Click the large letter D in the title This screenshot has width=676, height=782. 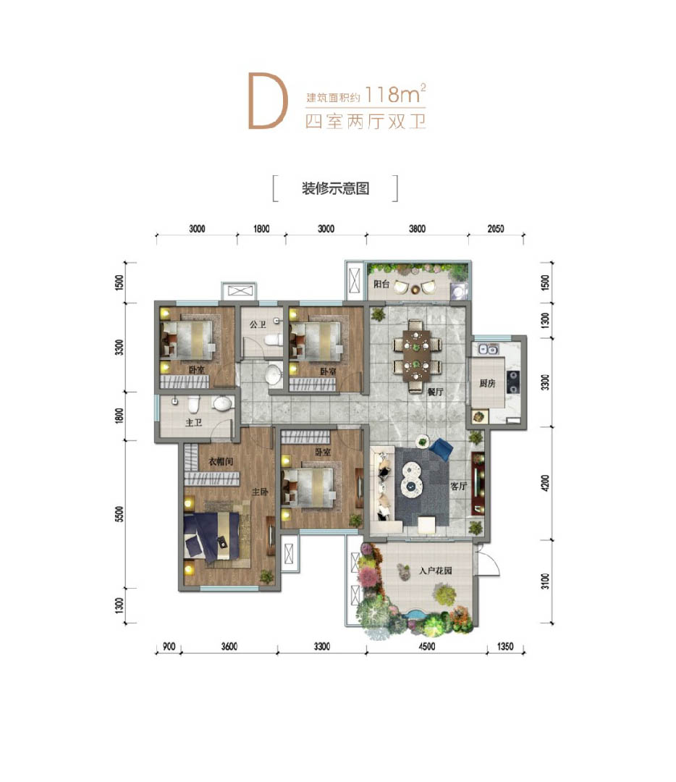click(x=268, y=101)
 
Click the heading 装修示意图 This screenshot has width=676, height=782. click(x=335, y=188)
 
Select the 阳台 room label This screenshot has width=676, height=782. click(x=381, y=284)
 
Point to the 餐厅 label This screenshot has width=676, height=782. click(x=435, y=392)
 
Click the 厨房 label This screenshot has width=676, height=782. click(x=487, y=383)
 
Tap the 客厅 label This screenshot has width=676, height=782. click(x=458, y=486)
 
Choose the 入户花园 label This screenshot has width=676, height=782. click(x=435, y=571)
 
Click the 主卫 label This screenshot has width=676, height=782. click(x=193, y=422)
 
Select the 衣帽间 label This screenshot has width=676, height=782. click(x=221, y=462)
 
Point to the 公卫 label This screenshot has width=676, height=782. click(x=258, y=324)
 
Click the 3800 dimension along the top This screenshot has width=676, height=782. click(x=418, y=229)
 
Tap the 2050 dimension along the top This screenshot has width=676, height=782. click(x=496, y=229)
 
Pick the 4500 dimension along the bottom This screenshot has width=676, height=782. click(x=427, y=647)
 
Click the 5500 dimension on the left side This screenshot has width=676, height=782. click(x=119, y=513)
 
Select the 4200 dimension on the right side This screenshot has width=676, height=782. click(x=545, y=483)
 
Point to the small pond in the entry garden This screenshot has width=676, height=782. click(x=414, y=614)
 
